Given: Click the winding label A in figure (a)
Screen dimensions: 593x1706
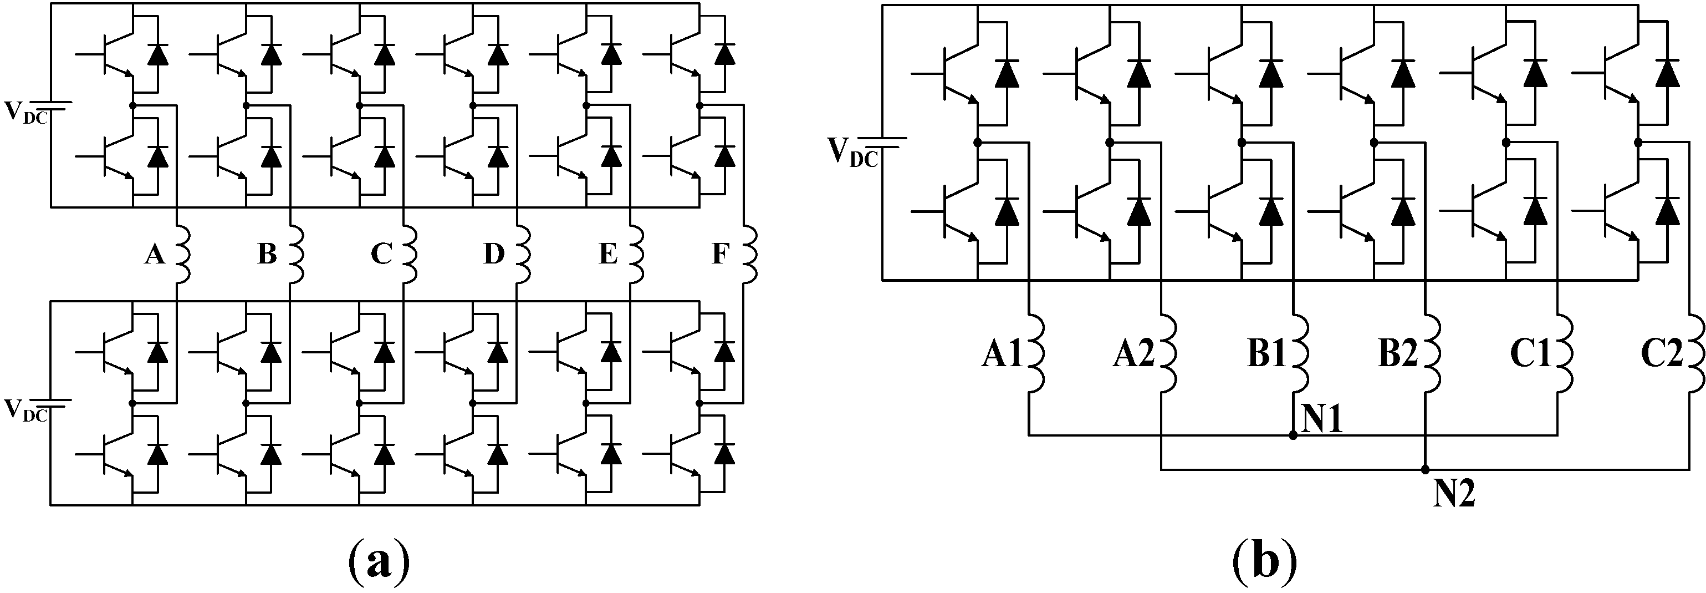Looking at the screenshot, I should (x=154, y=254).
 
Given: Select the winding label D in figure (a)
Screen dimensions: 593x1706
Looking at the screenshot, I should (x=494, y=254).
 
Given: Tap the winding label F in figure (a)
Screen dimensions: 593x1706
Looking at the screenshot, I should (x=720, y=254).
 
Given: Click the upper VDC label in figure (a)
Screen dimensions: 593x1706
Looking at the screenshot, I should (x=27, y=113).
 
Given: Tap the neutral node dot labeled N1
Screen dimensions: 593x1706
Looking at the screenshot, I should (x=1293, y=435).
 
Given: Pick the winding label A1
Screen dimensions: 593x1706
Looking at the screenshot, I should (x=1002, y=356).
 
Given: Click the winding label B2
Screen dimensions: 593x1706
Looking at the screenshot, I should (x=1398, y=356).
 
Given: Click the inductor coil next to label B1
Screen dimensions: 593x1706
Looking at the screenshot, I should (x=1300, y=356).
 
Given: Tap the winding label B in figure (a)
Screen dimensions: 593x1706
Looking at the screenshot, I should (x=267, y=254).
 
